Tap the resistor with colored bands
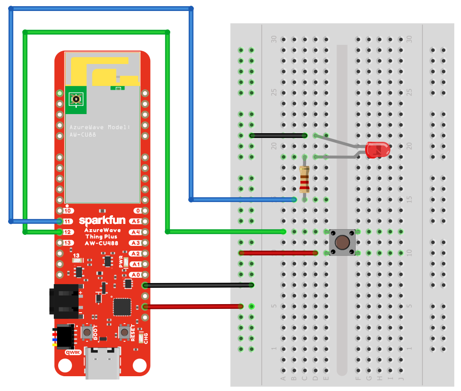click(x=304, y=179)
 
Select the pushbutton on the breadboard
click(x=341, y=242)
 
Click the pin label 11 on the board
click(x=68, y=222)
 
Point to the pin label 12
click(x=68, y=232)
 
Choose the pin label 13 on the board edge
click(x=68, y=243)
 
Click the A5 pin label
click(x=136, y=222)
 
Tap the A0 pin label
click(x=136, y=275)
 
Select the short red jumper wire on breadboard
click(x=279, y=253)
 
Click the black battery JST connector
click(x=64, y=301)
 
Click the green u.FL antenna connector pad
click(x=75, y=99)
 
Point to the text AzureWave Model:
click(x=100, y=127)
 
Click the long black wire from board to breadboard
click(x=198, y=285)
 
